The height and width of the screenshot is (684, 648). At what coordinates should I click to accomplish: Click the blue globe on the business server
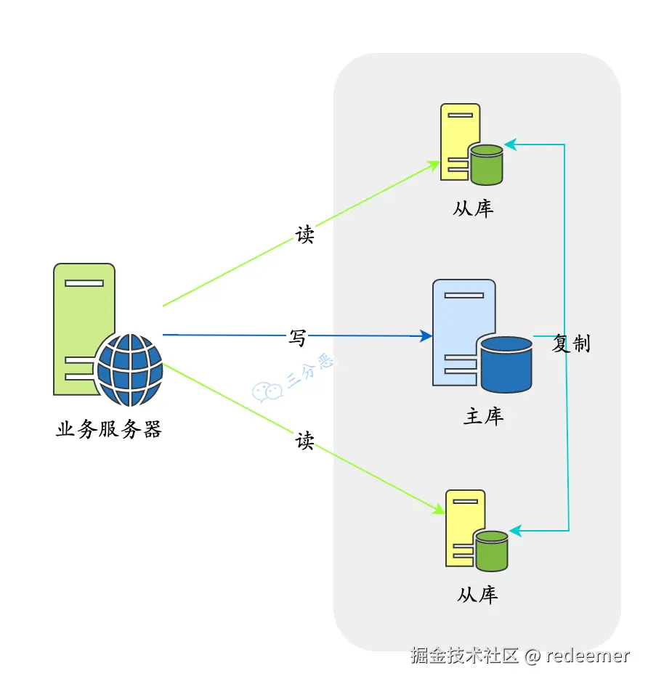tap(130, 370)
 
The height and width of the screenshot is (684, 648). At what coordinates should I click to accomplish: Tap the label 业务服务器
tap(109, 429)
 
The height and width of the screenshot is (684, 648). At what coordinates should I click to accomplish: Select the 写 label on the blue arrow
tap(297, 338)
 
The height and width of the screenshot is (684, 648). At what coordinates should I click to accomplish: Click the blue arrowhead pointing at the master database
tap(426, 336)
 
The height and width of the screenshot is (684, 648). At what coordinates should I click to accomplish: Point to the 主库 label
tap(484, 416)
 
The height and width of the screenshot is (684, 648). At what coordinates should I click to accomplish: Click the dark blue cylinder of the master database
tap(506, 365)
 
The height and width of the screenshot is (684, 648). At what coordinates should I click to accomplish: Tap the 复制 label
tap(571, 343)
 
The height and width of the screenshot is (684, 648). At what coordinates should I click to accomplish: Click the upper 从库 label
tap(473, 208)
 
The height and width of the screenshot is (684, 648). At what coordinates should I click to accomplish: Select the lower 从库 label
tap(477, 595)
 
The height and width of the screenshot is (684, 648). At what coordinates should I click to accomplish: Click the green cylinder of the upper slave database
tap(486, 165)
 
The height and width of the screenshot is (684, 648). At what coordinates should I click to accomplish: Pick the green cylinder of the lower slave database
tap(491, 551)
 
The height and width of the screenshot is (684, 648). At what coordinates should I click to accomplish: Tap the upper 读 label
tap(304, 235)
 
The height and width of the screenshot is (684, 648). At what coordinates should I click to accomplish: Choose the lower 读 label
tap(304, 441)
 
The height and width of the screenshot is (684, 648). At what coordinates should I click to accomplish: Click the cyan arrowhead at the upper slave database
tap(511, 144)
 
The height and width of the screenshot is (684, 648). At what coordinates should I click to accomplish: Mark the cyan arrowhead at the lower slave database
tap(516, 531)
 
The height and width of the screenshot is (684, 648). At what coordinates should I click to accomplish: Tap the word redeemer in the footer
tap(588, 656)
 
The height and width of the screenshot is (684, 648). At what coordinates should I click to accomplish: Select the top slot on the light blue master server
tap(464, 296)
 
